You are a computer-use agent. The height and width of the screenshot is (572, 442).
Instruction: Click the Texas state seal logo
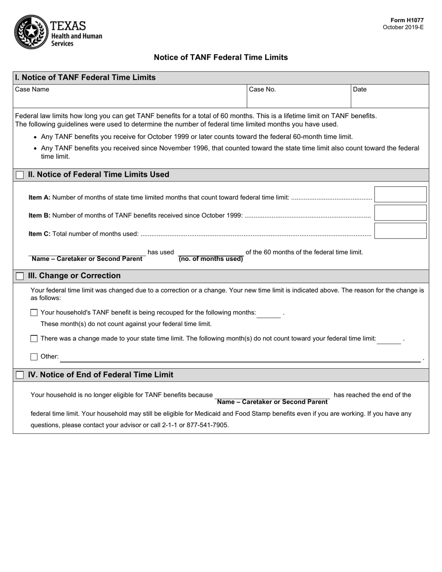pos(31,32)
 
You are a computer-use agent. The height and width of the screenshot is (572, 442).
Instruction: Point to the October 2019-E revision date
pos(403,27)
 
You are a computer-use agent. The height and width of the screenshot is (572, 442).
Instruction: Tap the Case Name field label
pos(32,89)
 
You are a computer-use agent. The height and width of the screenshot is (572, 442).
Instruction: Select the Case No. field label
pos(262,89)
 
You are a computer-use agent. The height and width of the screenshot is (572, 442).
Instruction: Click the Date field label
pos(360,89)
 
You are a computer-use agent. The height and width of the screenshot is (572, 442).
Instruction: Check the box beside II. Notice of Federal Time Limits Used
pos(20,175)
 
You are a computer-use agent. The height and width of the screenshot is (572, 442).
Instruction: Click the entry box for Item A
pos(400,194)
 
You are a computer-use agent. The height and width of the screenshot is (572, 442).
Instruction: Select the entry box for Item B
pos(400,213)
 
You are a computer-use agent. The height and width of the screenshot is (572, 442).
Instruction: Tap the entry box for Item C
pos(400,231)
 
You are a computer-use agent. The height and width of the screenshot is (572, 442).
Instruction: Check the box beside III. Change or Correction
pos(20,276)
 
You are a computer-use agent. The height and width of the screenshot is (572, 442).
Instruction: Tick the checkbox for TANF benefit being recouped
pos(34,313)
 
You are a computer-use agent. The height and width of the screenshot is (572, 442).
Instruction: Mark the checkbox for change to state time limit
pos(34,339)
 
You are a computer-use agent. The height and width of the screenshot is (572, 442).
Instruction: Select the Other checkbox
pos(34,357)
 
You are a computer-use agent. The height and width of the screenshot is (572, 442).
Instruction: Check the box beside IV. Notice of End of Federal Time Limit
pos(20,375)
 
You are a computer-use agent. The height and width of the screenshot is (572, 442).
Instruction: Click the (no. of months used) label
pos(211,259)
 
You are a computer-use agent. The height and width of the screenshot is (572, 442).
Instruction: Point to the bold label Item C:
pos(39,234)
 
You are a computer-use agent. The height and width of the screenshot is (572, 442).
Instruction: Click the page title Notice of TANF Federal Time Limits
pos(221,58)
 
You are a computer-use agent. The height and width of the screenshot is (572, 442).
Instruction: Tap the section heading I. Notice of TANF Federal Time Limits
pos(85,78)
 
